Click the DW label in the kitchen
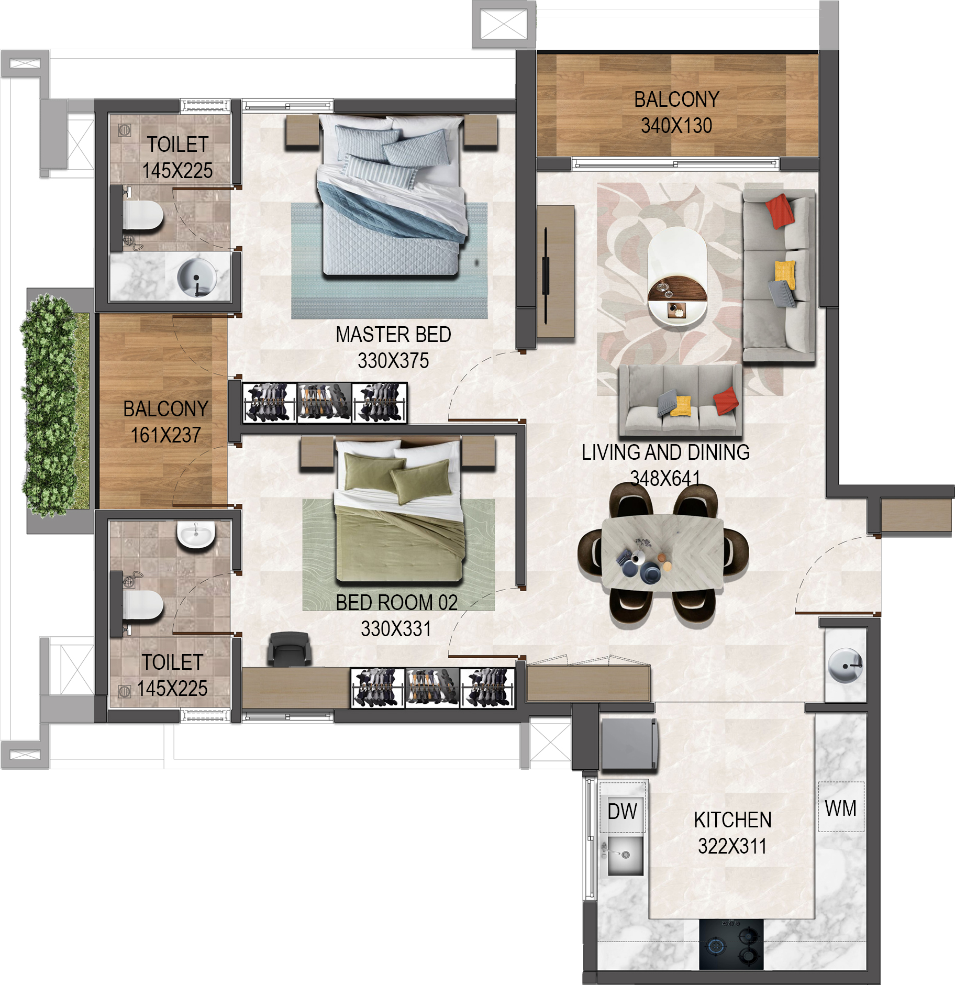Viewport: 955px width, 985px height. [x=622, y=811]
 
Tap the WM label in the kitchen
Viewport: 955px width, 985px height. [x=840, y=808]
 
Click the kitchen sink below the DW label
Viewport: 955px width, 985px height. [x=625, y=855]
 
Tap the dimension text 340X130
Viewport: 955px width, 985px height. [x=676, y=126]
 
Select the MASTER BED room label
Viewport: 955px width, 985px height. [x=393, y=335]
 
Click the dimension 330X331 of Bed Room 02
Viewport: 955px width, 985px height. [x=396, y=629]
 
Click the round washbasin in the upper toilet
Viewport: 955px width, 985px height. [x=196, y=278]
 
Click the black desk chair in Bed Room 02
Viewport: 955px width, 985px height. [x=289, y=648]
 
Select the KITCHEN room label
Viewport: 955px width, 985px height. [x=732, y=820]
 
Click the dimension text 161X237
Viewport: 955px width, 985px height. [x=165, y=435]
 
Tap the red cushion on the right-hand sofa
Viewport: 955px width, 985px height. [x=780, y=211]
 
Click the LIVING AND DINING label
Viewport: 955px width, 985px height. [x=665, y=452]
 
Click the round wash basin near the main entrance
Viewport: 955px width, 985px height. [x=846, y=665]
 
